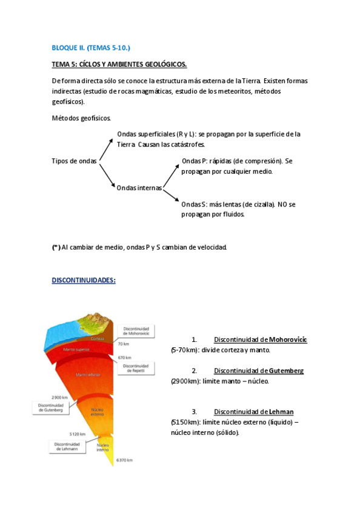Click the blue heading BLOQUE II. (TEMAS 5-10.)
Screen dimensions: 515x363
91,47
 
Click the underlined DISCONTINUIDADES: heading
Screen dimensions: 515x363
84,280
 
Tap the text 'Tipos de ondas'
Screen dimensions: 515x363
75,161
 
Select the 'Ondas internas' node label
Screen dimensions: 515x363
139,188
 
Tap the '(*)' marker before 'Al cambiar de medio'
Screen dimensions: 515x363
56,247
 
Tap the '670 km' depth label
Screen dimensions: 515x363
126,357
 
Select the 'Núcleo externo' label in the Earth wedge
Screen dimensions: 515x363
98,412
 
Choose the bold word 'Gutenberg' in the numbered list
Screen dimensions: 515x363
287,370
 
